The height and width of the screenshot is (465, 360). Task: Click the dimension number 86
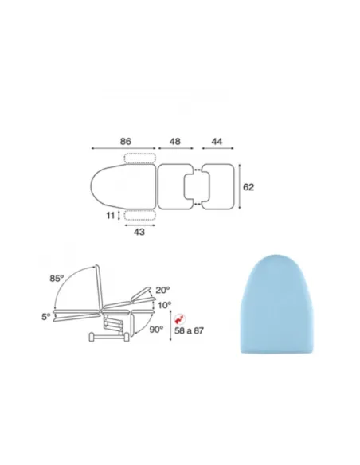pyautogui.click(x=125, y=142)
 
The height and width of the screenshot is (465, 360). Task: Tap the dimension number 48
pyautogui.click(x=175, y=142)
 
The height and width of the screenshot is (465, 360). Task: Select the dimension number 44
pyautogui.click(x=217, y=142)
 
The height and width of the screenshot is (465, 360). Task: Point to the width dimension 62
pyautogui.click(x=248, y=187)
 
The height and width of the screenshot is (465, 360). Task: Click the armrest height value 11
pyautogui.click(x=111, y=215)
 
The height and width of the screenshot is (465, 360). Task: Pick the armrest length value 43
pyautogui.click(x=139, y=232)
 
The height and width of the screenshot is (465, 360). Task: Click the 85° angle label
pyautogui.click(x=57, y=279)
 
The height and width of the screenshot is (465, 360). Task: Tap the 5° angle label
pyautogui.click(x=46, y=317)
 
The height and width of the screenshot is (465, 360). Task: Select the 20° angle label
pyautogui.click(x=162, y=290)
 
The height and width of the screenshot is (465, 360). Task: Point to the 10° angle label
pyautogui.click(x=164, y=305)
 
